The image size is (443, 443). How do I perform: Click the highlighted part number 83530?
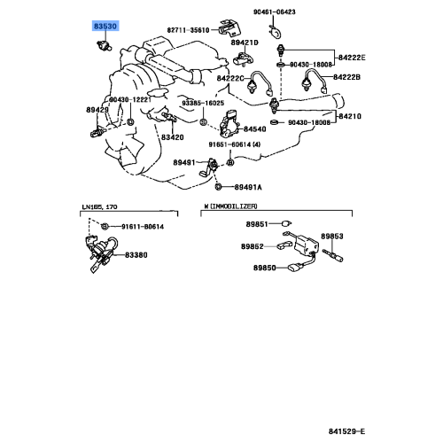tap(105, 27)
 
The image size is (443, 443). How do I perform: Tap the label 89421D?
tap(245, 43)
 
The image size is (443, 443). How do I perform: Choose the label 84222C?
tap(232, 78)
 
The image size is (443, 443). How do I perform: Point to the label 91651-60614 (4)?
tap(235, 145)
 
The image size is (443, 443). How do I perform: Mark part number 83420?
tap(171, 137)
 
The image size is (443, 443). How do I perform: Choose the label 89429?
tap(97, 109)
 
